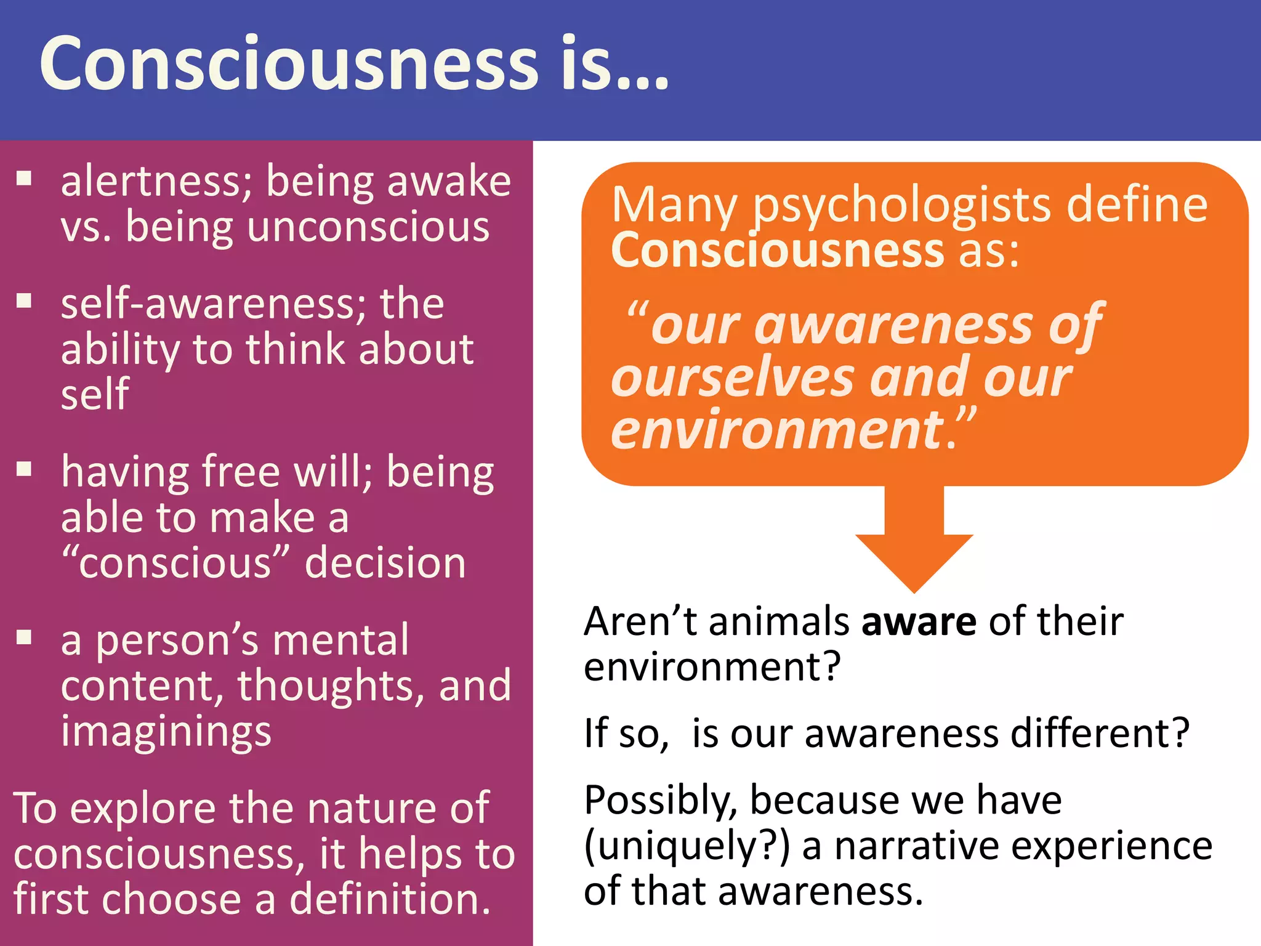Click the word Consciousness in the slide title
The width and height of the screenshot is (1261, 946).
[289, 64]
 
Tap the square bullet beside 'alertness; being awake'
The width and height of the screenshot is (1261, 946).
[25, 179]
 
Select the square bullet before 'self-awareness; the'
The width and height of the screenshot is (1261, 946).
[25, 301]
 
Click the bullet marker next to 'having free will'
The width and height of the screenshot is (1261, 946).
[25, 469]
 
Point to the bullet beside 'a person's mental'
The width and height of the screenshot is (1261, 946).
[25, 637]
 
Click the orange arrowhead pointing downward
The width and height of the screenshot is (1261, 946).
[914, 557]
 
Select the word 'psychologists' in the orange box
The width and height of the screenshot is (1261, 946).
[903, 205]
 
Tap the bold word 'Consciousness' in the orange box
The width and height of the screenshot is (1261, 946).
[777, 251]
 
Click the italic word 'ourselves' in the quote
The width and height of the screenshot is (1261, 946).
[733, 378]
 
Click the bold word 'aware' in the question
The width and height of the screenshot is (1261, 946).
[919, 622]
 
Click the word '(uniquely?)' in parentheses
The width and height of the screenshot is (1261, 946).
[687, 847]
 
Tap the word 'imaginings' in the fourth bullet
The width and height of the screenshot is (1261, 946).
[166, 732]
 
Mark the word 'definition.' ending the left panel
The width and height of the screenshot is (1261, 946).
[390, 899]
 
